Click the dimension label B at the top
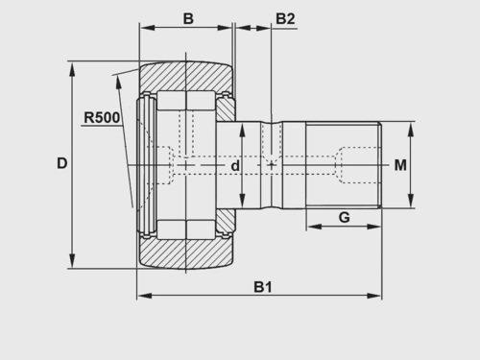(x=188, y=18)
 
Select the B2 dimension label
(x=285, y=19)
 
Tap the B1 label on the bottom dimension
(x=263, y=287)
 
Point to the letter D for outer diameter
(x=62, y=163)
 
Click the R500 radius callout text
(x=102, y=117)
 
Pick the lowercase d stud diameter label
(x=235, y=166)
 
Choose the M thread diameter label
(x=400, y=165)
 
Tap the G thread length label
(x=344, y=218)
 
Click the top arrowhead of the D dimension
(x=72, y=69)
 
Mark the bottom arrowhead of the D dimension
(x=72, y=260)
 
